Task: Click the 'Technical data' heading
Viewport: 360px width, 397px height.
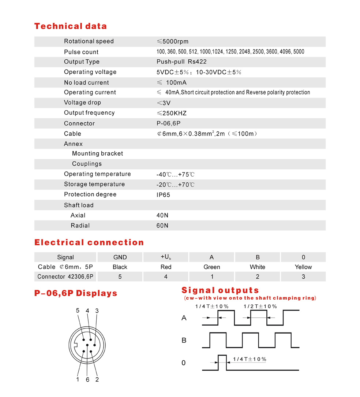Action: click(70, 26)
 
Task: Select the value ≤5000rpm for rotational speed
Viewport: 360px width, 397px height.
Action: click(172, 41)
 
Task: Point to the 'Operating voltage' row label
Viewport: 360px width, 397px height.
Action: click(90, 72)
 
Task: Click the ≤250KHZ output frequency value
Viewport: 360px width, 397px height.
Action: click(172, 113)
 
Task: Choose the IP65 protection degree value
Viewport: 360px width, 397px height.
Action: click(163, 195)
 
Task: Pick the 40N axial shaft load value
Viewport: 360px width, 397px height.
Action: click(162, 215)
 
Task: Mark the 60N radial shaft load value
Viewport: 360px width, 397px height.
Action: click(162, 226)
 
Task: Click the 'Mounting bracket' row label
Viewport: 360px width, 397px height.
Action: click(97, 154)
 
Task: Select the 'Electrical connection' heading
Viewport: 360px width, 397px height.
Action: click(89, 242)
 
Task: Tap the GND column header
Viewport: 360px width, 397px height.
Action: click(120, 257)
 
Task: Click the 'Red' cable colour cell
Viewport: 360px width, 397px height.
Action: click(166, 267)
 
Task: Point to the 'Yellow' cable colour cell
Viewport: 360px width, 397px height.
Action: click(303, 267)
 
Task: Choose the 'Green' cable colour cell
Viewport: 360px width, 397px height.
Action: click(212, 267)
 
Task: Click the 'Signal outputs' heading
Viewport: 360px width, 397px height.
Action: click(220, 291)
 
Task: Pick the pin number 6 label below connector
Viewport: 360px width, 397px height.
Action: click(87, 380)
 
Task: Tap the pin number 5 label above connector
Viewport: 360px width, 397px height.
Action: click(78, 311)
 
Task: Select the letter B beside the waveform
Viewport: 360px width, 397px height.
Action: click(184, 340)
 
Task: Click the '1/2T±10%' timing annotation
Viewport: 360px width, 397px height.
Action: click(260, 306)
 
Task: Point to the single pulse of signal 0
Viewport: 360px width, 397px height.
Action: click(222, 362)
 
